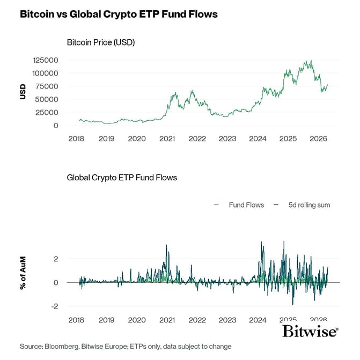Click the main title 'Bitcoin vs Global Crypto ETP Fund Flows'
point(119,14)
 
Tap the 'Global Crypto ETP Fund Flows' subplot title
point(122,177)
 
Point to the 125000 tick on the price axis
point(45,60)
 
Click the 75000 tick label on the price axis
point(47,86)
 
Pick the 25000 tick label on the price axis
point(47,113)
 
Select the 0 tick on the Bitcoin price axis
point(56,126)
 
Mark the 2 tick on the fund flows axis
point(56,259)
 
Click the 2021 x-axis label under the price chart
point(167,138)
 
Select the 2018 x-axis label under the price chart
point(77,138)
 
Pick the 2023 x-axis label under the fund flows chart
point(227,320)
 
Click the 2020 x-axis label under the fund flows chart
point(137,320)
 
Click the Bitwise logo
point(310,330)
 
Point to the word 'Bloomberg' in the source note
point(63,347)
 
